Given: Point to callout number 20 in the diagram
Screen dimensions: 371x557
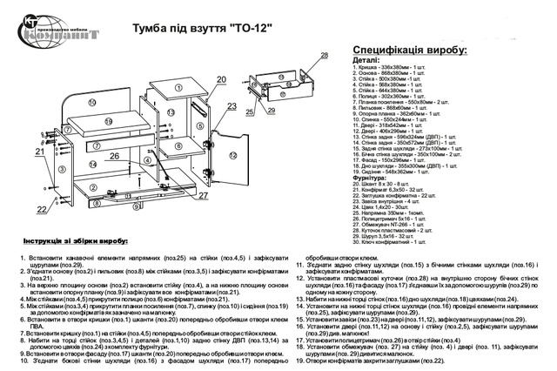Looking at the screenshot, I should pyautogui.click(x=220, y=79).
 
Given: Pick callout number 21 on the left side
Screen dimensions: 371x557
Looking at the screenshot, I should pyautogui.click(x=40, y=152).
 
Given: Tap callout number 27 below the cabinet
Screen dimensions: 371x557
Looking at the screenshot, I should pyautogui.click(x=202, y=195).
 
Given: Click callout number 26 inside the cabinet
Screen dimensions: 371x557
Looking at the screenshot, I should pyautogui.click(x=114, y=157).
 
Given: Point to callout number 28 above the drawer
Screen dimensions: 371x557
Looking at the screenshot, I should pyautogui.click(x=324, y=56).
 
